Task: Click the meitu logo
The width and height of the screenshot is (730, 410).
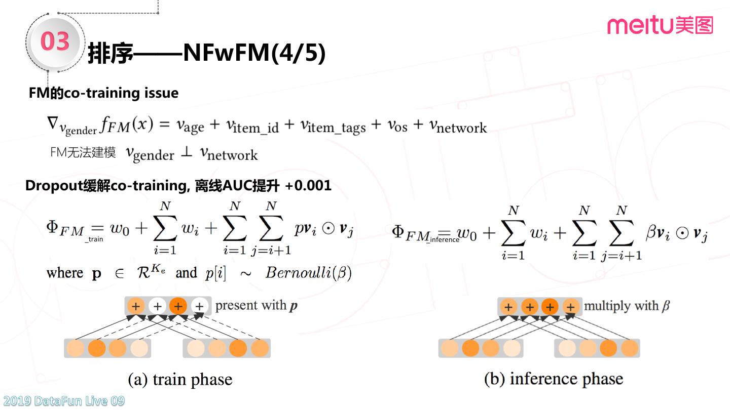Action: pyautogui.click(x=660, y=25)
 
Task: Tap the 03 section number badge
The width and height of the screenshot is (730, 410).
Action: pyautogui.click(x=54, y=42)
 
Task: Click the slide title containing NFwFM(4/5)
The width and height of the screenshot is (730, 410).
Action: pyautogui.click(x=207, y=53)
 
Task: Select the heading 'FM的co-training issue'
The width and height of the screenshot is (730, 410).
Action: pyautogui.click(x=103, y=93)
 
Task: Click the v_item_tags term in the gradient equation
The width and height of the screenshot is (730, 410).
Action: pyautogui.click(x=332, y=127)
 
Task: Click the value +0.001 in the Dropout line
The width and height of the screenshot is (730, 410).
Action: pyautogui.click(x=308, y=186)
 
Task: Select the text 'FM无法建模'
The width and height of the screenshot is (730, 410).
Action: pyautogui.click(x=83, y=152)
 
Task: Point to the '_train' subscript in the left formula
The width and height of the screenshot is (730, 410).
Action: pyautogui.click(x=94, y=239)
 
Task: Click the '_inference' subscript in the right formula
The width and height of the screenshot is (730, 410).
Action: pyautogui.click(x=443, y=239)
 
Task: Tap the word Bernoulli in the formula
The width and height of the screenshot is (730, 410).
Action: pyautogui.click(x=299, y=273)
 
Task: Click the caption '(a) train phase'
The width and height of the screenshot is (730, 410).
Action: pyautogui.click(x=180, y=379)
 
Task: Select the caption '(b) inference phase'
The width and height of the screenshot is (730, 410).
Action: pyautogui.click(x=554, y=379)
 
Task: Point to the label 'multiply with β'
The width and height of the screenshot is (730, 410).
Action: pyautogui.click(x=627, y=306)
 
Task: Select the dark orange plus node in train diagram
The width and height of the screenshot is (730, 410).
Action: pyautogui.click(x=178, y=306)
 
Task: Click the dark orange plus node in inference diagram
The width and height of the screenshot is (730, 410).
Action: pyautogui.click(x=550, y=307)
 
